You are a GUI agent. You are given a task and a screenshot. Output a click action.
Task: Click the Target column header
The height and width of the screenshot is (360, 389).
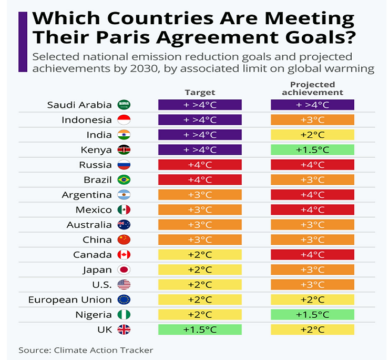[x=200, y=92]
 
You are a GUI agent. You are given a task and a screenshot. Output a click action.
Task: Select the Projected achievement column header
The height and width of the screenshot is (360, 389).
[x=312, y=88]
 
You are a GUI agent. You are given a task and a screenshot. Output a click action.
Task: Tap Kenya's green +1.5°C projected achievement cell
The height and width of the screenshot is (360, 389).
[x=312, y=149]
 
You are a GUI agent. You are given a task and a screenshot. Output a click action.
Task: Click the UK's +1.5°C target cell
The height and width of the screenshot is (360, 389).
[x=200, y=329]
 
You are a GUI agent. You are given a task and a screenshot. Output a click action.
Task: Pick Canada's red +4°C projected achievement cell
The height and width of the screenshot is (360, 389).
[x=312, y=255]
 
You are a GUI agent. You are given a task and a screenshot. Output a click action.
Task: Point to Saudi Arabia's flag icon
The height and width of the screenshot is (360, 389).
[x=124, y=105]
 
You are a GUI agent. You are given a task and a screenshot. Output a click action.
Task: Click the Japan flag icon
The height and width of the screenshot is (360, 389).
[x=124, y=270]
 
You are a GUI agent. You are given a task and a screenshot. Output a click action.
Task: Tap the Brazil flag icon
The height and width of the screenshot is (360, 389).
[x=124, y=179]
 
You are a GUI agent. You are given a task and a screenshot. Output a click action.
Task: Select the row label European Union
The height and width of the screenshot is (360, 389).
[x=70, y=299]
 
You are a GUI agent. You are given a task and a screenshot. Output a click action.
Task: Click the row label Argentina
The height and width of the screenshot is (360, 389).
[x=87, y=195]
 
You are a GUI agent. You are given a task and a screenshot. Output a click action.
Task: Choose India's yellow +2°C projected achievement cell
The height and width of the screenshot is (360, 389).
[x=312, y=135]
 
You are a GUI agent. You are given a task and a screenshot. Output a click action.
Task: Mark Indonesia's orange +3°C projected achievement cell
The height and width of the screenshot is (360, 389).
[x=312, y=119]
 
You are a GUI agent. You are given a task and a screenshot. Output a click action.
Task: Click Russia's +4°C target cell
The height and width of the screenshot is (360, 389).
[x=200, y=165]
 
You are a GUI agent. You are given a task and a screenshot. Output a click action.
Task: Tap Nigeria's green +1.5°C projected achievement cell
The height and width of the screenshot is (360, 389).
[x=312, y=315]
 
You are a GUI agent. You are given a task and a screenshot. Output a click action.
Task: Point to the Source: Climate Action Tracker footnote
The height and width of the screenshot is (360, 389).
[x=86, y=349]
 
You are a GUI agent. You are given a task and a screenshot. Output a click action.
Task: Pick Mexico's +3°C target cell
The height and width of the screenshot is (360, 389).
[x=200, y=209]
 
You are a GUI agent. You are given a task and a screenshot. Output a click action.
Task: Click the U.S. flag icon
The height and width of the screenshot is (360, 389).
[x=124, y=285]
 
